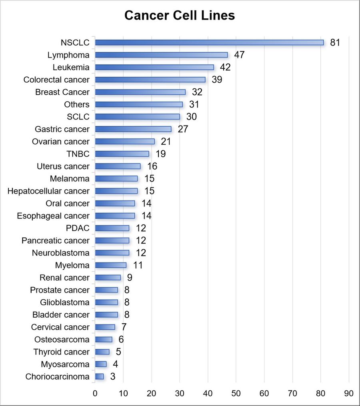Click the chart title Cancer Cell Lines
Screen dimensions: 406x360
180,16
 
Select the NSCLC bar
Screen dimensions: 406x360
209,42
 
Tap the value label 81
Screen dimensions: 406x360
335,43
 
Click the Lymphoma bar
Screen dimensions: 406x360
161,55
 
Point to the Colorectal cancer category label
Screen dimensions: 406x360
56,80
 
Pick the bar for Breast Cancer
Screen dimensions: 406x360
140,92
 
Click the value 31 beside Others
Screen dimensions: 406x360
194,104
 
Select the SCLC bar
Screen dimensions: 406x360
138,117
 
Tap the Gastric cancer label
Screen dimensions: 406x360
62,129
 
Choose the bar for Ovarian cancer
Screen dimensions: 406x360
125,141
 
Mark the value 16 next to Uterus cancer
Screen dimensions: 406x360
152,166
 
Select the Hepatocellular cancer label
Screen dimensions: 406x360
48,191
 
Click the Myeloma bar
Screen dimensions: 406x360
111,265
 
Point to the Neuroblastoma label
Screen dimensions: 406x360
61,253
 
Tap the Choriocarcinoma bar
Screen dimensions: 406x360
100,376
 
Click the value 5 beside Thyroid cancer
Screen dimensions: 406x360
118,352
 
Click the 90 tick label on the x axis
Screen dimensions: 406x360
349,393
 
